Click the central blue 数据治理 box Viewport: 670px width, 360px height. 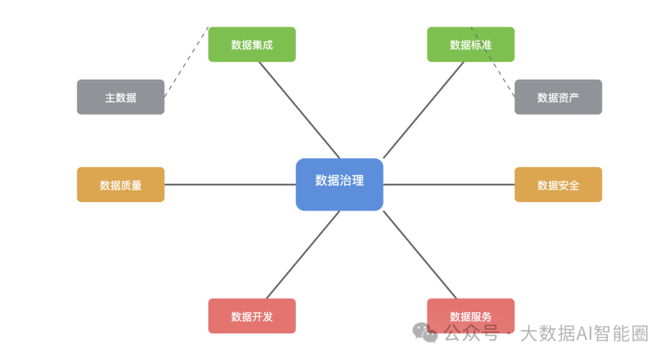click(339, 184)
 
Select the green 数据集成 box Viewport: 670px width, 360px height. click(252, 45)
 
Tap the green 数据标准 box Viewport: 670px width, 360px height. click(470, 45)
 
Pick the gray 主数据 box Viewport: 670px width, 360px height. click(120, 97)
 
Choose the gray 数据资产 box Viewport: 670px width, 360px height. click(558, 97)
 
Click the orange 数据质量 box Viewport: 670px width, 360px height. click(120, 184)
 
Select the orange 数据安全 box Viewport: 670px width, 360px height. click(558, 184)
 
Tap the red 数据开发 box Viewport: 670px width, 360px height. click(252, 316)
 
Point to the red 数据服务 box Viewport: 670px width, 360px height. click(470, 316)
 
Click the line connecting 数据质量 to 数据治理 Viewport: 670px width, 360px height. click(230, 185)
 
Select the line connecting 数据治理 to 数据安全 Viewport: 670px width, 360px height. click(449, 185)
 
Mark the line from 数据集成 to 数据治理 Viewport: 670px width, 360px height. click(299, 110)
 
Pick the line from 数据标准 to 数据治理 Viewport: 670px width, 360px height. click(424, 110)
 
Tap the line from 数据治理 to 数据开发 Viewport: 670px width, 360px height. click(303, 254)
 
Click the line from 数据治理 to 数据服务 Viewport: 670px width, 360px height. click(420, 254)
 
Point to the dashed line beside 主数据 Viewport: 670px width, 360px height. click(186, 62)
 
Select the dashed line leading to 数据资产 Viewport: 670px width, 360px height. click(493, 62)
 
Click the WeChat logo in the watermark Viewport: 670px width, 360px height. click(425, 333)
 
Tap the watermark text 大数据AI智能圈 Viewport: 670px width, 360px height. click(584, 333)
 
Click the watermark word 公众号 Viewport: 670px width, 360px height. click(471, 333)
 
